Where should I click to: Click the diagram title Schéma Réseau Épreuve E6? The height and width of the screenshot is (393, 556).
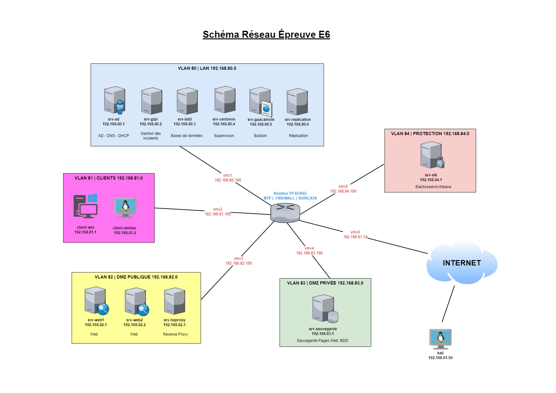point(266,35)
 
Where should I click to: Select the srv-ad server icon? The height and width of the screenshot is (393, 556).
point(115,100)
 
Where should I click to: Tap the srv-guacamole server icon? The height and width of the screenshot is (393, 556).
point(261,101)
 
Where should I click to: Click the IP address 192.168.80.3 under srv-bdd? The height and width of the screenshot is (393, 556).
point(184,124)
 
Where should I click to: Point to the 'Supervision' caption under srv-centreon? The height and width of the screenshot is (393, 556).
point(224,136)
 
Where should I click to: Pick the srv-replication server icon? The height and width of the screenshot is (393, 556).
point(297,102)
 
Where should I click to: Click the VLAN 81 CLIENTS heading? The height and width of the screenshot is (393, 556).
point(108,178)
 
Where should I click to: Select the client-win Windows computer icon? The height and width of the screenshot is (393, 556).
point(86,206)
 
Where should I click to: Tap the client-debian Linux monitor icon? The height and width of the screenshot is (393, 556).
point(125,208)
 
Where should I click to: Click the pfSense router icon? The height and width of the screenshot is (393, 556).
point(285,213)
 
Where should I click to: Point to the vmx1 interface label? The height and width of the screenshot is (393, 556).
point(228,175)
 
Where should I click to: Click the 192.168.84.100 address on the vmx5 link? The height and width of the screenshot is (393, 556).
point(343,191)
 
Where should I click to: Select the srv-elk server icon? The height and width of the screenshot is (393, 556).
point(432,155)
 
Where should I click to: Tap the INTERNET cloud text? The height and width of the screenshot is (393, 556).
point(462,263)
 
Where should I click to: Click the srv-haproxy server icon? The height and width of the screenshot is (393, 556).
point(175,301)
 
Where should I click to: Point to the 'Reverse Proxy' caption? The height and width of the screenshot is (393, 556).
point(175,334)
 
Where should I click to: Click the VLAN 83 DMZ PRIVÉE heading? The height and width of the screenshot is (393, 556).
point(325,283)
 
